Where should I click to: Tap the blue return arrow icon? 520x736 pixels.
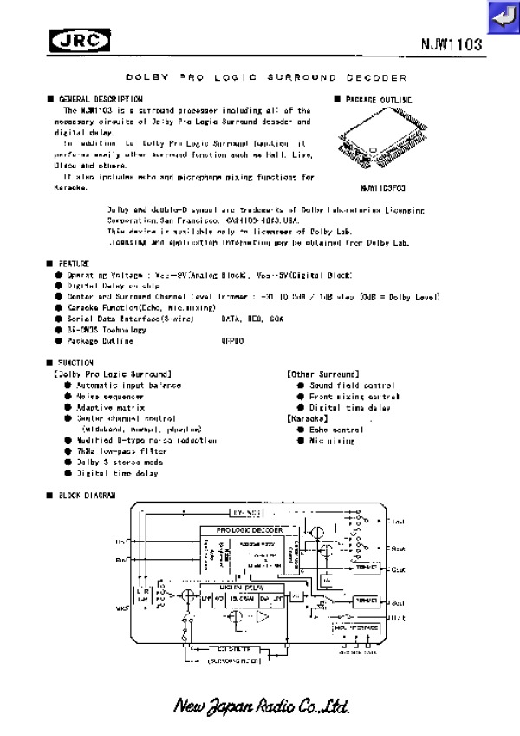(503, 16)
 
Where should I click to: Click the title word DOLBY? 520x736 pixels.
(142, 77)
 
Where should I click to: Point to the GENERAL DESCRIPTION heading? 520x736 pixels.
(100, 100)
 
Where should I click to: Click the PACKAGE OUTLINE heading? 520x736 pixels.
(375, 100)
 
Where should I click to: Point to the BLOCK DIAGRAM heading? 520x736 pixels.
(86, 496)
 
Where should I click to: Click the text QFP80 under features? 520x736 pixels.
(233, 341)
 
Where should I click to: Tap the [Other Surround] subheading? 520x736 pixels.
(322, 374)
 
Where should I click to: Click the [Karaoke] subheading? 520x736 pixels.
(307, 418)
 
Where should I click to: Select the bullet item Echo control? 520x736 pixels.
(336, 430)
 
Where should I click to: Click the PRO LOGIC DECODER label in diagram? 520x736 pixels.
(250, 529)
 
